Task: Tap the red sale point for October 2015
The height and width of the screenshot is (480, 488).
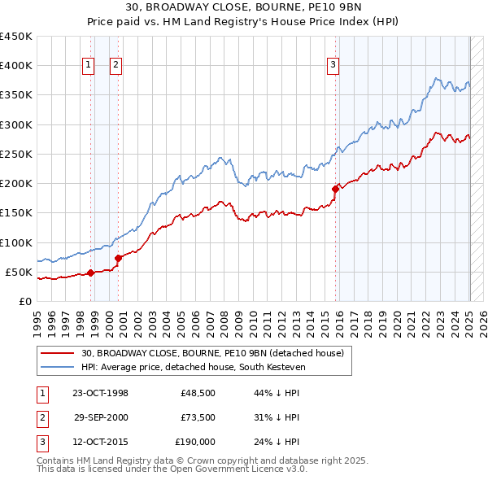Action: pos(335,189)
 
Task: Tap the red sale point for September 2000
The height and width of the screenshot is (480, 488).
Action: pos(119,258)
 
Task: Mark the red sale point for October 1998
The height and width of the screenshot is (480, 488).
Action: pos(90,273)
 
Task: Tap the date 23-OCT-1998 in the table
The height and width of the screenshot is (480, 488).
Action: pos(100,394)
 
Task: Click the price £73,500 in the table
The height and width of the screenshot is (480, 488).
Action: pos(198,417)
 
